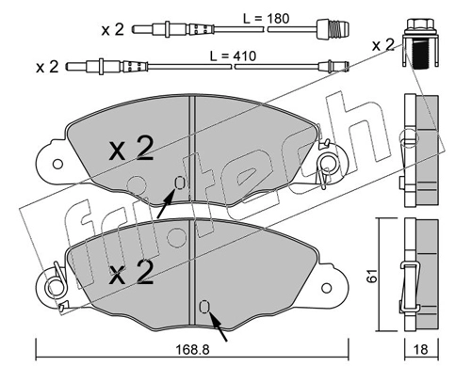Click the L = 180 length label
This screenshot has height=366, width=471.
click(x=267, y=19)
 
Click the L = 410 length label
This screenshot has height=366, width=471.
click(x=233, y=56)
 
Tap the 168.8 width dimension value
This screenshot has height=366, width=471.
click(x=192, y=350)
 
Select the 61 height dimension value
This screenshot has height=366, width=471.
click(x=373, y=276)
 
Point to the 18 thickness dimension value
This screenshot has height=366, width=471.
click(x=421, y=349)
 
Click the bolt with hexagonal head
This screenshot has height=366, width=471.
click(x=420, y=43)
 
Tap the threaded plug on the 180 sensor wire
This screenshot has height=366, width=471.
click(x=333, y=30)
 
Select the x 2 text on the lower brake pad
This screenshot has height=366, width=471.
click(x=131, y=272)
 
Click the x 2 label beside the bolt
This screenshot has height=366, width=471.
click(x=382, y=45)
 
